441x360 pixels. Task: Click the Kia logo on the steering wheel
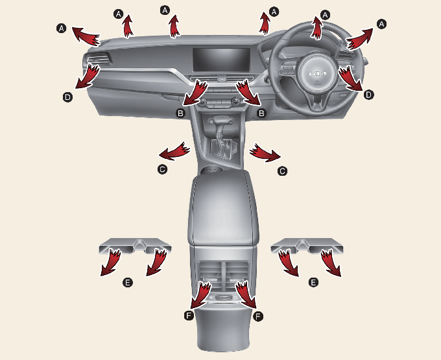[x=318, y=74]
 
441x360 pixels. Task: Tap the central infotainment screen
[x=221, y=60]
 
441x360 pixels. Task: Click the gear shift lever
[x=220, y=128]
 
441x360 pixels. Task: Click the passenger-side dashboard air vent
[x=97, y=59]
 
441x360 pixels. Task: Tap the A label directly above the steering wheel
[x=325, y=15]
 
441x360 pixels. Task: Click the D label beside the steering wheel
[x=368, y=95]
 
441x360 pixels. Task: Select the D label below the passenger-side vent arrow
[x=67, y=97]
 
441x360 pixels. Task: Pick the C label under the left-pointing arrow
[x=163, y=169]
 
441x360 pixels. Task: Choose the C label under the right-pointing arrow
[x=282, y=171]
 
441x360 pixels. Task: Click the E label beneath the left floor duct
[x=128, y=282]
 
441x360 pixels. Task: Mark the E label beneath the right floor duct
[x=313, y=282]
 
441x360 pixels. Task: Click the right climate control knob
[x=235, y=101]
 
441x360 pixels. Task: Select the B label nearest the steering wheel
[x=261, y=114]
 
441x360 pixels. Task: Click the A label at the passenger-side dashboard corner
[x=62, y=28]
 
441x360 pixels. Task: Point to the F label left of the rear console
[x=189, y=315]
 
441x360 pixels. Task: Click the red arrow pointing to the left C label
[x=174, y=151]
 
